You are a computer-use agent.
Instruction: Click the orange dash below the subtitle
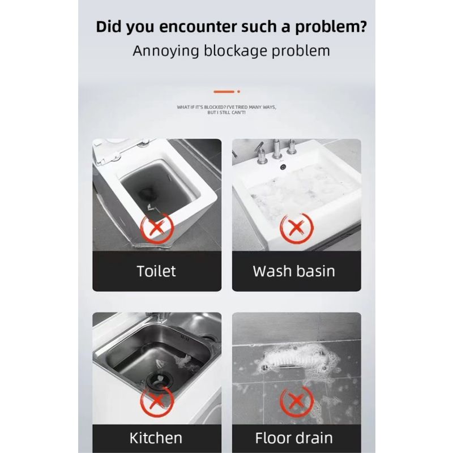(x=224, y=91)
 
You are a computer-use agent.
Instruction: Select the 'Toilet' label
(x=156, y=271)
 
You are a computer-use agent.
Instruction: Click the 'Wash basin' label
(x=294, y=271)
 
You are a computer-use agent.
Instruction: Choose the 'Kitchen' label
(x=156, y=438)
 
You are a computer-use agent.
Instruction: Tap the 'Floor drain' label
(x=294, y=438)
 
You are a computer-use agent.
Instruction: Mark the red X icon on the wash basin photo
(x=295, y=228)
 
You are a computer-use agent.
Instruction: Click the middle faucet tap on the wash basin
(x=277, y=151)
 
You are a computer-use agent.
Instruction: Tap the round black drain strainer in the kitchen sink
(x=156, y=379)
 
